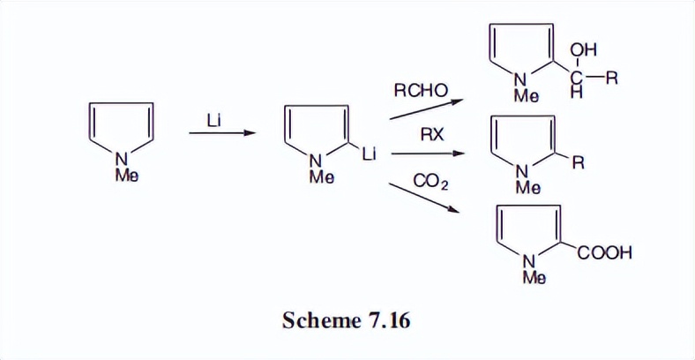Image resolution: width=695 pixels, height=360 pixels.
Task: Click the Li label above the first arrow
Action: point(214,118)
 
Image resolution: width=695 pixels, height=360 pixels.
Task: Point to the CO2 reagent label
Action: point(430,182)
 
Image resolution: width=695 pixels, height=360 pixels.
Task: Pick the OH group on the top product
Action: point(583,52)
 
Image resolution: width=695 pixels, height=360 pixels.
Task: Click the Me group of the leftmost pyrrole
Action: point(126,176)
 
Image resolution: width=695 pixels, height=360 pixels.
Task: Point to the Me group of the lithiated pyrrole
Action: point(321,177)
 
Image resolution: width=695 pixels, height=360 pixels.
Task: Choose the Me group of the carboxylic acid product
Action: point(533,277)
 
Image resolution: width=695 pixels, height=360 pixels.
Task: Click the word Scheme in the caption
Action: point(318,319)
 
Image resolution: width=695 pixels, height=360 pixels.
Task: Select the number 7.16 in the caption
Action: point(385,319)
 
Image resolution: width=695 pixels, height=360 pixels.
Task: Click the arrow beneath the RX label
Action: point(427,154)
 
